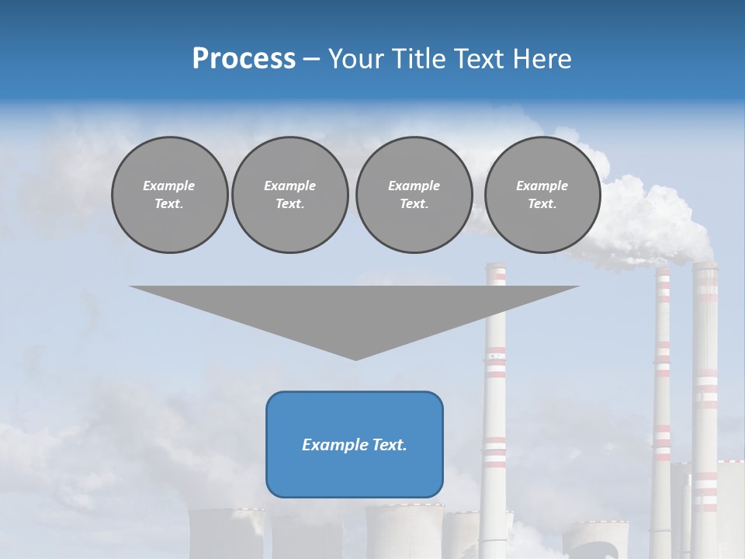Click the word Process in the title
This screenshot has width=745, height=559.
pyautogui.click(x=244, y=59)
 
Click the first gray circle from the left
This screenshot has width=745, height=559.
pyautogui.click(x=169, y=195)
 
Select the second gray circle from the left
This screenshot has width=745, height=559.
pyautogui.click(x=289, y=195)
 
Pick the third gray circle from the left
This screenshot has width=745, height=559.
pyautogui.click(x=414, y=195)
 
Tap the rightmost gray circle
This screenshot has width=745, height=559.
pyautogui.click(x=542, y=195)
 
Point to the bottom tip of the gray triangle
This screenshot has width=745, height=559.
pyautogui.click(x=355, y=359)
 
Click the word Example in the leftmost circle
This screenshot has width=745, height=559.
pyautogui.click(x=169, y=186)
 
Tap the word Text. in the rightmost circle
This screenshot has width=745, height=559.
pyautogui.click(x=542, y=204)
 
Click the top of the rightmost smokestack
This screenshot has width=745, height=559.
pyautogui.click(x=705, y=266)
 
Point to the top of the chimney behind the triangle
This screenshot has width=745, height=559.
pyautogui.click(x=495, y=266)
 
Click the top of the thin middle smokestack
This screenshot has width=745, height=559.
pyautogui.click(x=662, y=271)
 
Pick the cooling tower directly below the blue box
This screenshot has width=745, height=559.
pyautogui.click(x=404, y=532)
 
